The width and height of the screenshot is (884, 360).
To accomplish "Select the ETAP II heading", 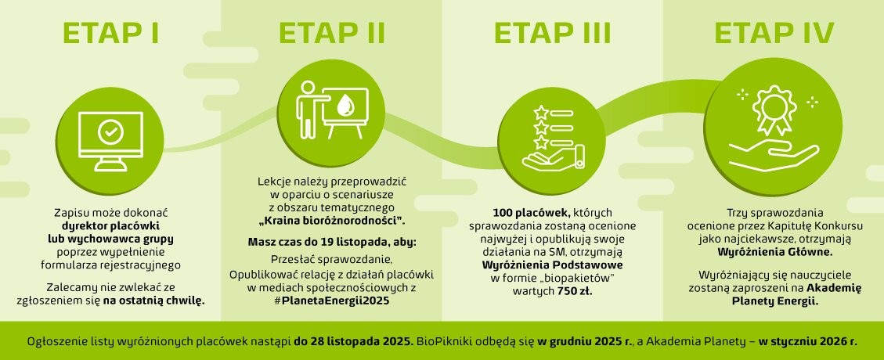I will (x=331, y=34).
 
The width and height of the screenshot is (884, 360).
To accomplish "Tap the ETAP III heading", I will (x=553, y=34).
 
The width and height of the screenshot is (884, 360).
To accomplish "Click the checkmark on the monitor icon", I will (x=110, y=133).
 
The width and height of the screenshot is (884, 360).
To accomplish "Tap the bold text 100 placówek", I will (x=523, y=213).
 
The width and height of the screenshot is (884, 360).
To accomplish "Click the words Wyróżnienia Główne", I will (x=774, y=252).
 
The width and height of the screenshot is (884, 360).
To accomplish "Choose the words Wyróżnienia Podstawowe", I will (x=552, y=265).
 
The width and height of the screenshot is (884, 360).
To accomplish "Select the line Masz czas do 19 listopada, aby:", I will (x=331, y=242).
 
